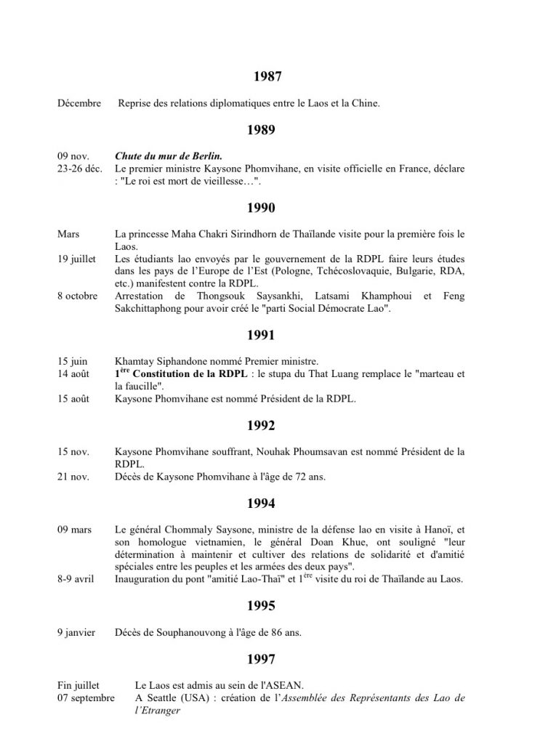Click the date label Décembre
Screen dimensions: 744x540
[x=79, y=103]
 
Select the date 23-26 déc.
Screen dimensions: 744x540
[x=82, y=169]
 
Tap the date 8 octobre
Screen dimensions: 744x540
[x=77, y=296]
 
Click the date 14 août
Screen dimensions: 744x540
[x=76, y=373]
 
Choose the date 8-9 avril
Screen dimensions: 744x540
[x=76, y=579]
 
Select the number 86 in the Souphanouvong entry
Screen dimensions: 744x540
[x=267, y=632]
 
